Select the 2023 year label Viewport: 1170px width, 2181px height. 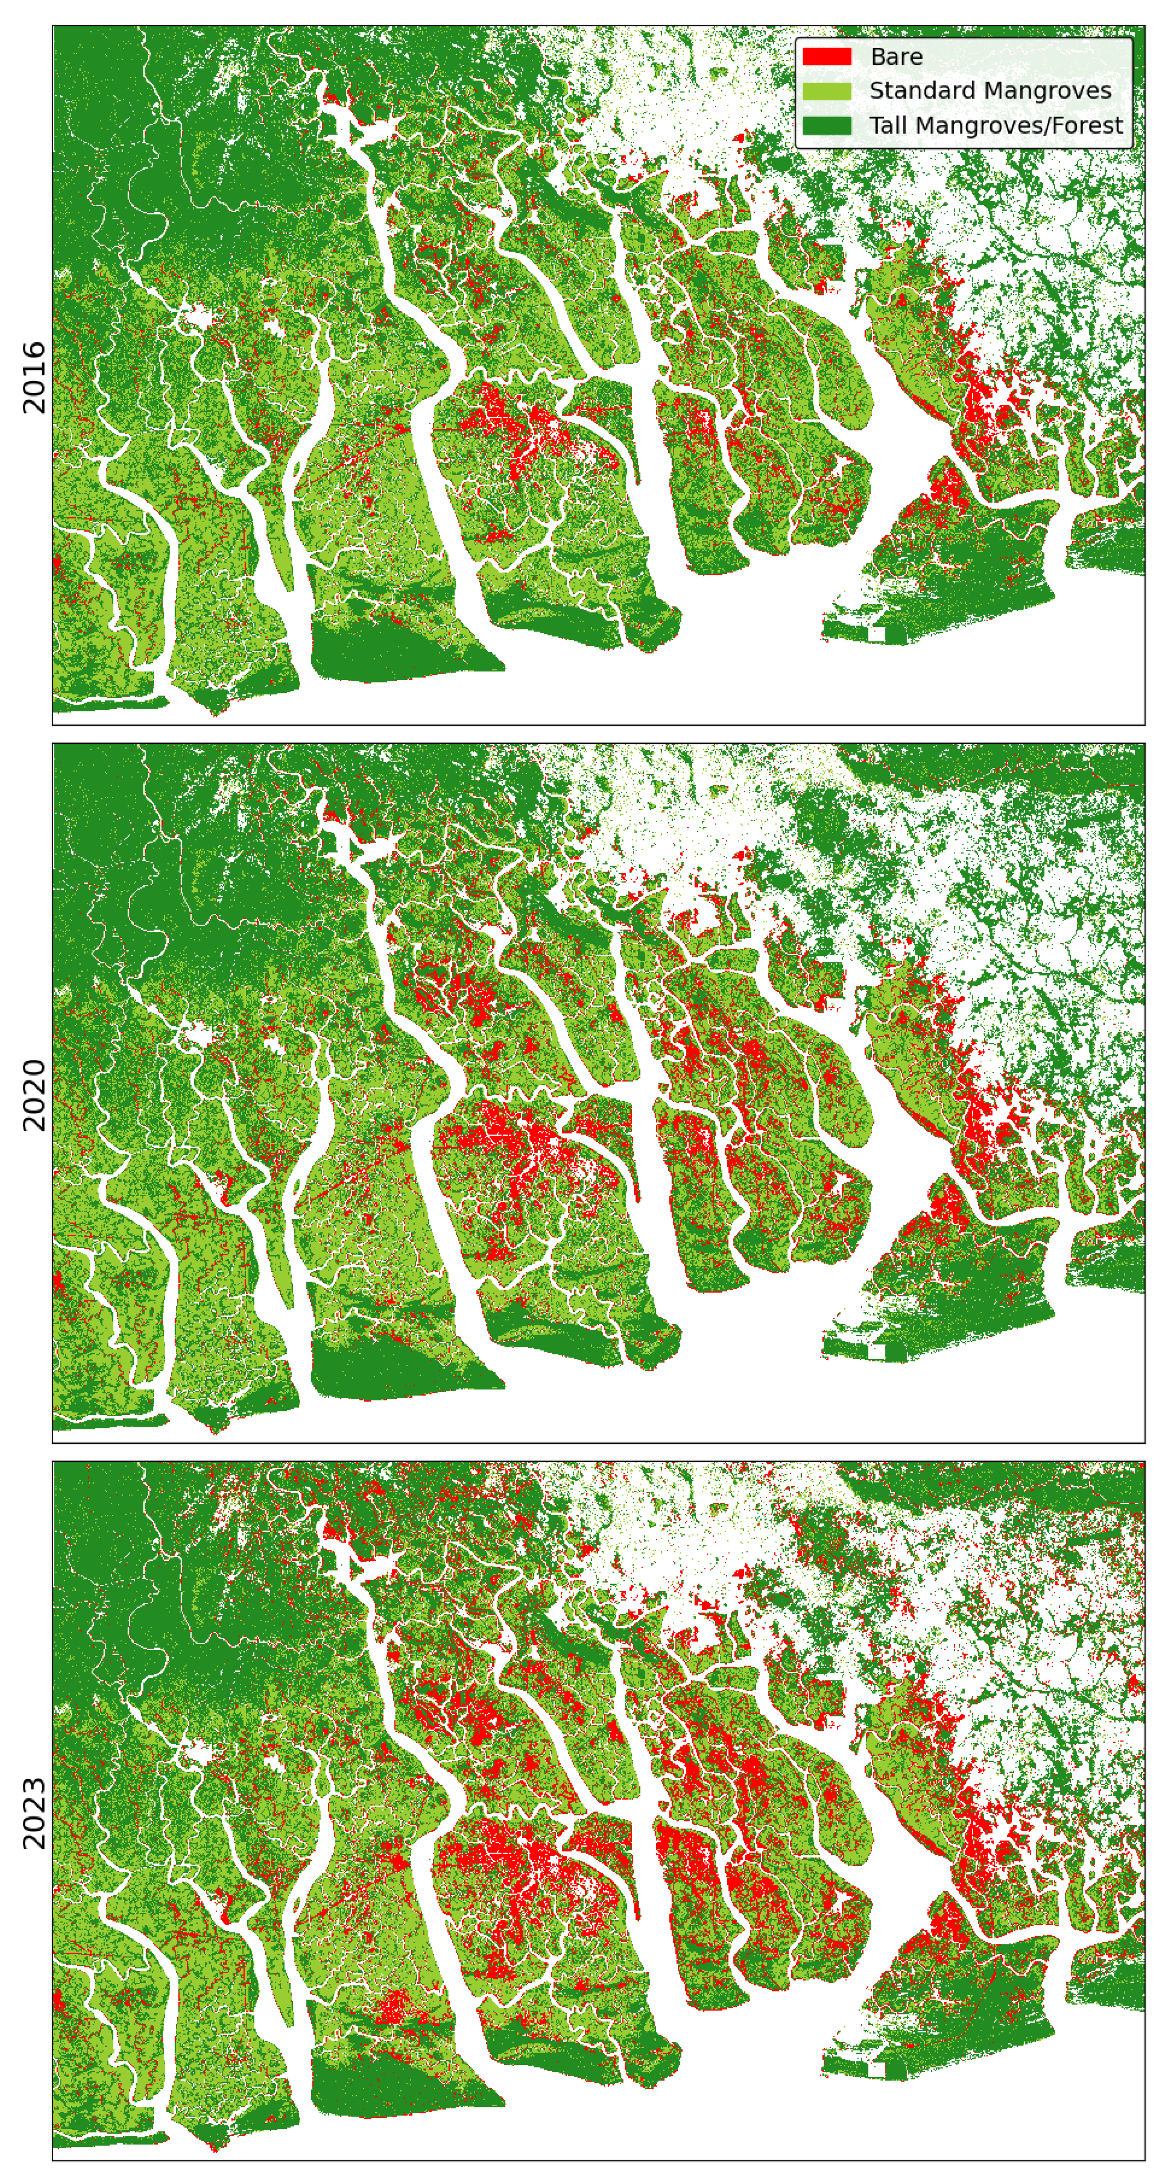point(34,1812)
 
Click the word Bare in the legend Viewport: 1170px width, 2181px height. point(896,57)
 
